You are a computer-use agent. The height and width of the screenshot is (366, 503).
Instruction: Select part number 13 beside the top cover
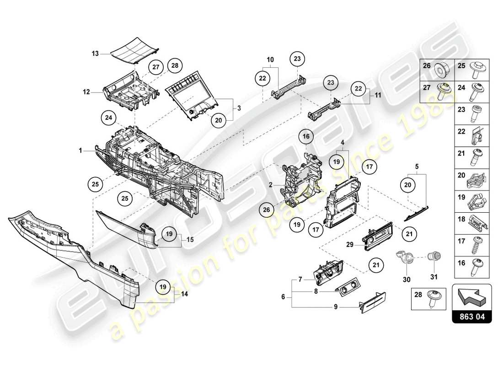[95, 54]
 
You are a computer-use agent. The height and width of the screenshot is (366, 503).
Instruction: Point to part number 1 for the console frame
[80, 150]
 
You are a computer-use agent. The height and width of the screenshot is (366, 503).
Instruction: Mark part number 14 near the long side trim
[185, 294]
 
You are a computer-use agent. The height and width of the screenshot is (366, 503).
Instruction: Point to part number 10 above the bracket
[270, 60]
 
